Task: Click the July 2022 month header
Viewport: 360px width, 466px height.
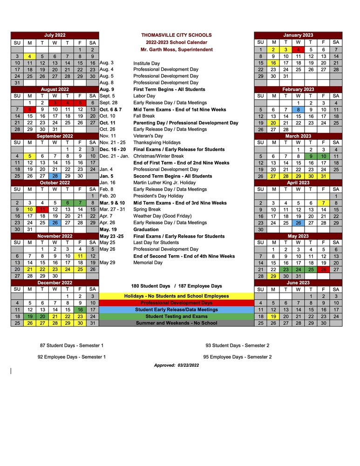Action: pyautogui.click(x=55, y=35)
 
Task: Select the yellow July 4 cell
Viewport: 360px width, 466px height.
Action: pyautogui.click(x=30, y=56)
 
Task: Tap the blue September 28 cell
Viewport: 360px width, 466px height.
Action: pyautogui.click(x=55, y=176)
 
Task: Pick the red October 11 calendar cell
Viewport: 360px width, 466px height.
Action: pyautogui.click(x=42, y=210)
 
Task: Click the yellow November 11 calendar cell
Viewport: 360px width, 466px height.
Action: pyautogui.click(x=80, y=256)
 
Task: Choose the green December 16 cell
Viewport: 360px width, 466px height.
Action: pyautogui.click(x=80, y=309)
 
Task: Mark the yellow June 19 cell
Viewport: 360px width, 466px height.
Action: pyautogui.click(x=273, y=316)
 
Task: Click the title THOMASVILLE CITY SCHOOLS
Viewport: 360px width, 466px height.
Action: pyautogui.click(x=176, y=35)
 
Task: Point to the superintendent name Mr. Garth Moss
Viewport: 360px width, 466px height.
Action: pyautogui.click(x=176, y=49)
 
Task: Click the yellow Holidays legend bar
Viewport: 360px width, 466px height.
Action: pyautogui.click(x=176, y=296)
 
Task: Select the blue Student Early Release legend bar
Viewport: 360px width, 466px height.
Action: pyautogui.click(x=176, y=309)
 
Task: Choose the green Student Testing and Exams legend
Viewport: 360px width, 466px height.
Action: pyautogui.click(x=176, y=316)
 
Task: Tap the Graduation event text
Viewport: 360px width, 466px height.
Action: pyautogui.click(x=145, y=229)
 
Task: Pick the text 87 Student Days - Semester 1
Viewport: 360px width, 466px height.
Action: pyautogui.click(x=72, y=345)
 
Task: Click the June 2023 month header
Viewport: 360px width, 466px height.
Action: pyautogui.click(x=299, y=282)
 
